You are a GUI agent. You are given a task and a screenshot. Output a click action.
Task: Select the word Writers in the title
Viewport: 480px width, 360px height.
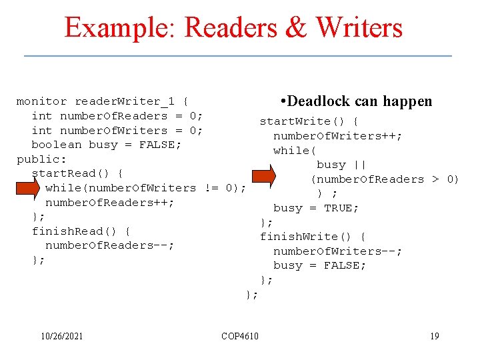[x=361, y=28]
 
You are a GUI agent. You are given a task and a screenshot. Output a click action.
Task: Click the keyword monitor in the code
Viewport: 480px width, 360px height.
[x=41, y=101]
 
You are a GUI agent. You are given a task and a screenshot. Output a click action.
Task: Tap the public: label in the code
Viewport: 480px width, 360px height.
[x=41, y=159]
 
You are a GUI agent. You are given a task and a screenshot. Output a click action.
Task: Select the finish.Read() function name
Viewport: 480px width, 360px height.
[x=81, y=231]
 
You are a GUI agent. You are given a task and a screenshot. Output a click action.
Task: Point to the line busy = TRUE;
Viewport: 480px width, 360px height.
[x=316, y=208]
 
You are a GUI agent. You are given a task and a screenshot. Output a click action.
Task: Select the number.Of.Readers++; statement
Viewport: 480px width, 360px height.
[x=110, y=203]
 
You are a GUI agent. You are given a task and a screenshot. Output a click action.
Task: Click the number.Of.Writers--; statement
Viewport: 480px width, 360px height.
[x=337, y=251]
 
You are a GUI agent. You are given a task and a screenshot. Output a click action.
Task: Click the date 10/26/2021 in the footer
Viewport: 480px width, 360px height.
[x=61, y=336]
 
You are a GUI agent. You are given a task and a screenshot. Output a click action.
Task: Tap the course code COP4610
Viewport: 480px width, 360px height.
[x=240, y=336]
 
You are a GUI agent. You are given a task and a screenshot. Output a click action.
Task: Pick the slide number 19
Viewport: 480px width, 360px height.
[x=435, y=336]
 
